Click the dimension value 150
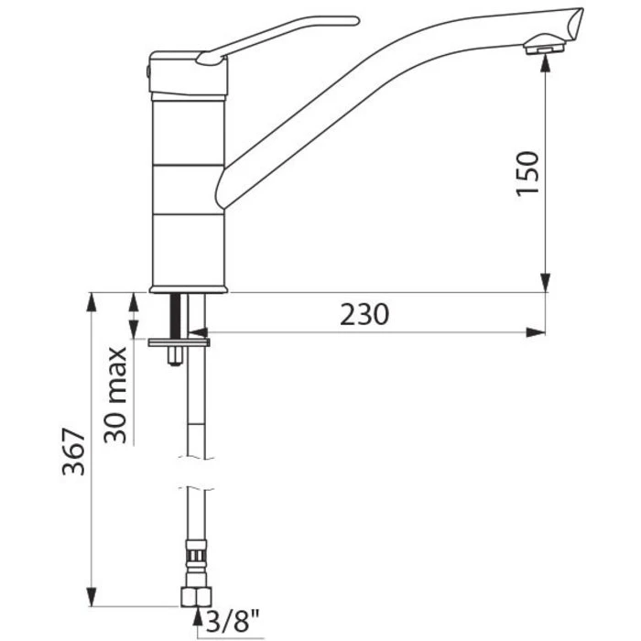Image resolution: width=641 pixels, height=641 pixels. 529,173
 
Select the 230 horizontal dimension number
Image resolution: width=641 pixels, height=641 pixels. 365,314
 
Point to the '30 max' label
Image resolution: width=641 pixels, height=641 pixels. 115,395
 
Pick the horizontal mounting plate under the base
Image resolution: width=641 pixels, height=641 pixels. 180,342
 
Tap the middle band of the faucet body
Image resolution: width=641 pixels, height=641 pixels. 187,189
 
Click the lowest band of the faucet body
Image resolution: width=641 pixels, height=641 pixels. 187,248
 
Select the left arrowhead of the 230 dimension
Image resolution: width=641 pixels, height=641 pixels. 210,331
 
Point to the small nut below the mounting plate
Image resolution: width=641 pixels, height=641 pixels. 171,358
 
